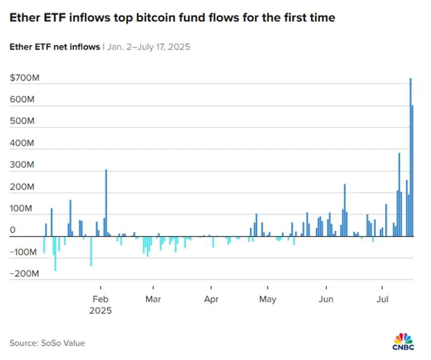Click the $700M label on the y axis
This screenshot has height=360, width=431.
(25, 78)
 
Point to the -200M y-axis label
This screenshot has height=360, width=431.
(24, 274)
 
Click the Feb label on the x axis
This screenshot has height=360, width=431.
(100, 300)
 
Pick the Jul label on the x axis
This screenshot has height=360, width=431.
(382, 300)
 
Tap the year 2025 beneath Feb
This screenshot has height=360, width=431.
(100, 310)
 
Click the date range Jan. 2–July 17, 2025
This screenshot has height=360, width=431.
(148, 47)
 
